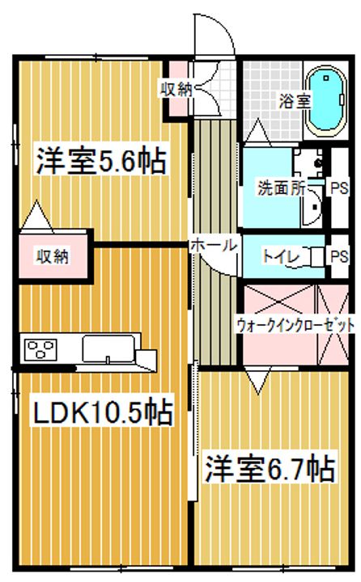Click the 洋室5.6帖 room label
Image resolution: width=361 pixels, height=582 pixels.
[x=100, y=160]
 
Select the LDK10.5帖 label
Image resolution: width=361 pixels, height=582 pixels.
[x=102, y=413]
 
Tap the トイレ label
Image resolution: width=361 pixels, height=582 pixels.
[x=282, y=256]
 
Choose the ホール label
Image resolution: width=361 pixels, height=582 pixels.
[x=214, y=243]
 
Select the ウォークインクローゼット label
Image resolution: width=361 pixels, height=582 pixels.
[x=295, y=326]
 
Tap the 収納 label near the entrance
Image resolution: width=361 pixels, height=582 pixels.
[x=174, y=90]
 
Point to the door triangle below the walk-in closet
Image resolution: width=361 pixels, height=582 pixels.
[x=260, y=380]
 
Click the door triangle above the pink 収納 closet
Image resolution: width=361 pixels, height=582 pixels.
[x=37, y=217]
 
